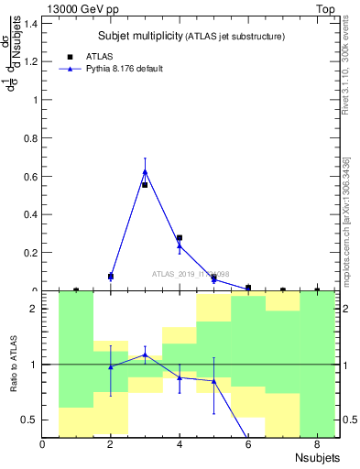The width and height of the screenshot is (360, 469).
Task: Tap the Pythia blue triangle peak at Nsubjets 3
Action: pos(145,171)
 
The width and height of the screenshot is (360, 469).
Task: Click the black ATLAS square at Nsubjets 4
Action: pos(180,238)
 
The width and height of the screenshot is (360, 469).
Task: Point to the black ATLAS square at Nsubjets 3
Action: pos(145,185)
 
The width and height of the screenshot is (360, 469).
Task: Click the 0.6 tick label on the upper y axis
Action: pos(31,176)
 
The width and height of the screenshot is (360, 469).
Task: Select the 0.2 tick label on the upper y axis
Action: pos(31,253)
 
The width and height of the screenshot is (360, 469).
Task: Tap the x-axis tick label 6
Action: pos(247,445)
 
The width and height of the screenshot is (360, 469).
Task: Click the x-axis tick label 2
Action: pos(111,445)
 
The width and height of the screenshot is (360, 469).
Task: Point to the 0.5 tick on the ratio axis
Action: pos(31,420)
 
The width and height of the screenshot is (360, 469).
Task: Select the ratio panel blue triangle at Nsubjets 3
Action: pos(145,354)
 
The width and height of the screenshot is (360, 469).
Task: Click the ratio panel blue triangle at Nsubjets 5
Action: pos(213,381)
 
